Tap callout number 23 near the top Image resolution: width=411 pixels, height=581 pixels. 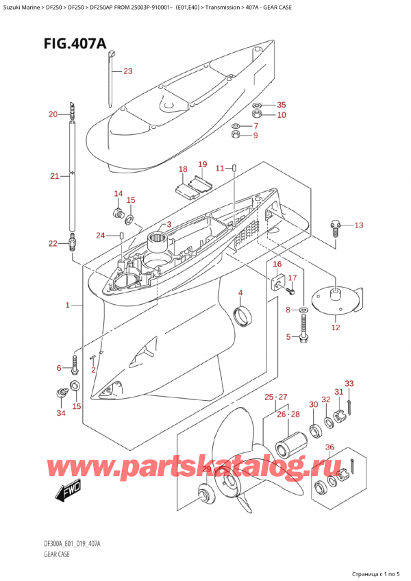pos(128,71)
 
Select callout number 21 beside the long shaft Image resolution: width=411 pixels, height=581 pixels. pos(55,177)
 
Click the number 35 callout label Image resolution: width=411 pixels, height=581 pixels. pos(281,106)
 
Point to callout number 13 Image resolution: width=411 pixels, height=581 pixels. pos(359,225)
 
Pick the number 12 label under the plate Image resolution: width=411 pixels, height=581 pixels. pos(336,327)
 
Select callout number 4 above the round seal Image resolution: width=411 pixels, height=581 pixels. pos(240,293)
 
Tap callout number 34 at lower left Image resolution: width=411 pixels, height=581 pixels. pos(61,413)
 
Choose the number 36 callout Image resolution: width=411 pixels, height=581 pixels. pos(329,448)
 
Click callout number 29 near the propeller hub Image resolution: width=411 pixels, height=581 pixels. pos(207,468)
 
